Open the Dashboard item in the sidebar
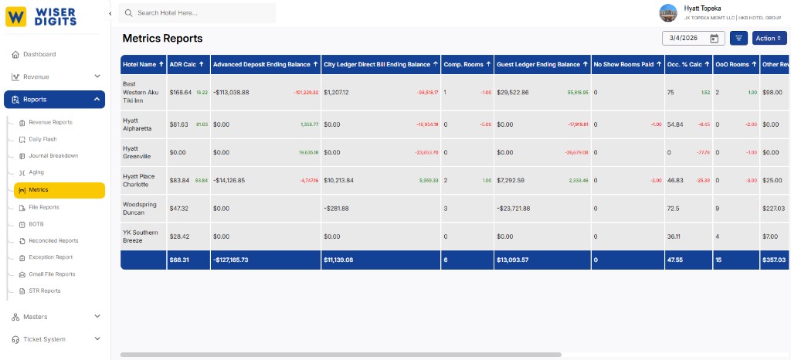click(39, 54)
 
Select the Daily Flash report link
click(42, 139)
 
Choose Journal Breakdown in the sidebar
click(53, 155)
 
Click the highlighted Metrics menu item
click(39, 190)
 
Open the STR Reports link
click(45, 290)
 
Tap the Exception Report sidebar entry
click(51, 257)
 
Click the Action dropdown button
click(769, 38)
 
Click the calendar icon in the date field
click(714, 38)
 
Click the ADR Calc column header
click(186, 64)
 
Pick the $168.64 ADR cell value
click(181, 93)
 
